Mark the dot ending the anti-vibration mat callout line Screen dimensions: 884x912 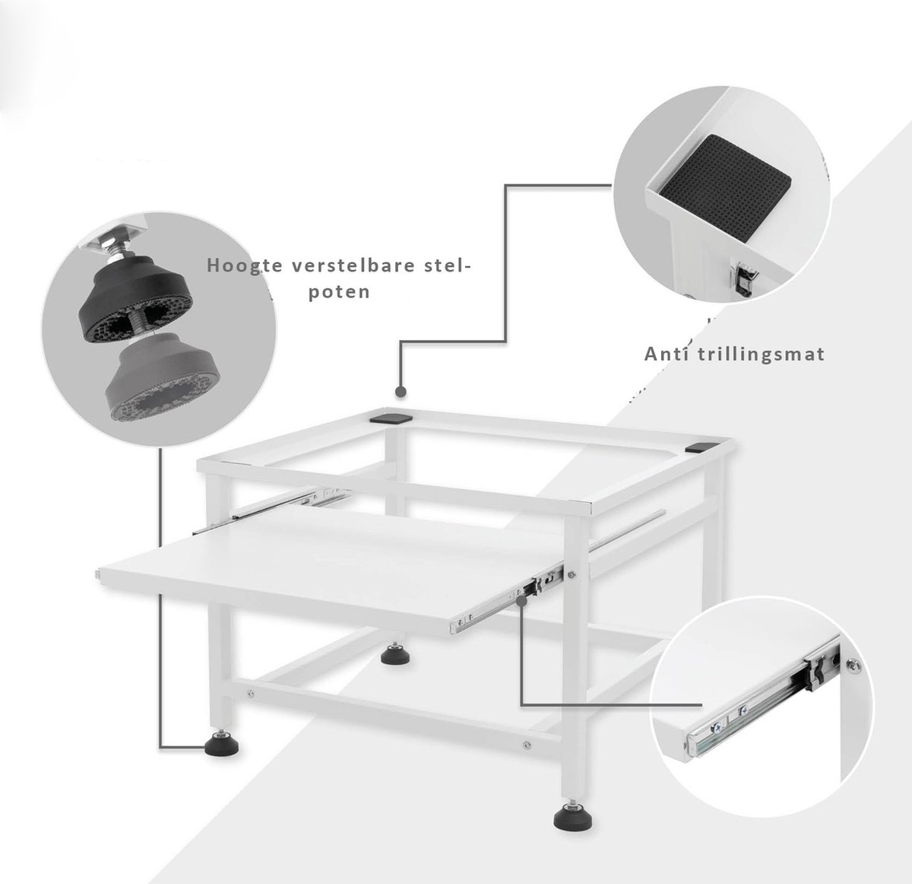401,392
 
